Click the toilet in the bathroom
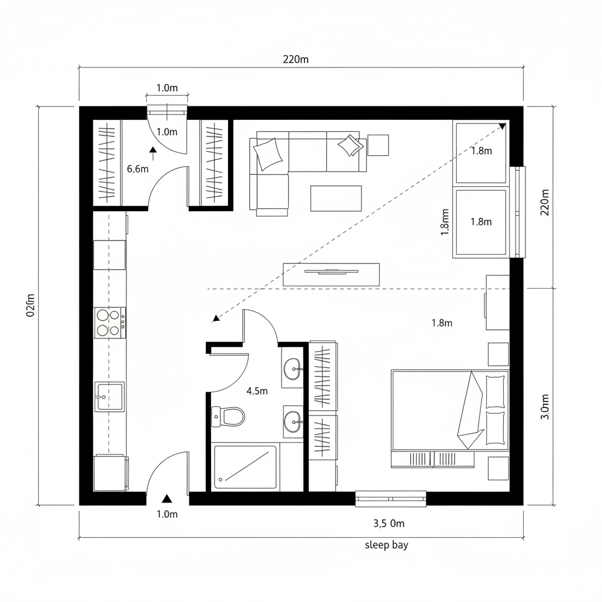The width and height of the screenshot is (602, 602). click(228, 417)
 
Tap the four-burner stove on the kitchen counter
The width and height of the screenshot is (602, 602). click(110, 323)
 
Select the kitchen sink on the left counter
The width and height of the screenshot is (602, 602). click(109, 397)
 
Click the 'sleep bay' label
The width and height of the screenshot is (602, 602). click(386, 545)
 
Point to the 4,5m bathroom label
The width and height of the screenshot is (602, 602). click(257, 391)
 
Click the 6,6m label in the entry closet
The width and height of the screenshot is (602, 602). click(138, 169)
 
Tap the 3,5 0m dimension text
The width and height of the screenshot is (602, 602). click(389, 523)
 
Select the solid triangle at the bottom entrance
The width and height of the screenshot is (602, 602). click(166, 499)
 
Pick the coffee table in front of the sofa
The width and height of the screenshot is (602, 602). click(336, 199)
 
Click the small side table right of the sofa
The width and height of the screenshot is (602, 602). click(378, 145)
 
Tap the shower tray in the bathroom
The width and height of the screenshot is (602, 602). click(245, 467)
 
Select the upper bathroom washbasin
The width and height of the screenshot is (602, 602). click(294, 369)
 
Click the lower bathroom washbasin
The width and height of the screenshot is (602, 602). click(294, 422)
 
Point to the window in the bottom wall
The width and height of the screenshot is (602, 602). click(390, 499)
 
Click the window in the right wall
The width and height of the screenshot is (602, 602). click(517, 212)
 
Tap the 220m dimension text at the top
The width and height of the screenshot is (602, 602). click(296, 59)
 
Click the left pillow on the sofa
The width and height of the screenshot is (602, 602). click(267, 153)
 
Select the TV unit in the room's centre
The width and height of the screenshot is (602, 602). click(331, 275)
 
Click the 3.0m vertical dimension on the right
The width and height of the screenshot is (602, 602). click(545, 407)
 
